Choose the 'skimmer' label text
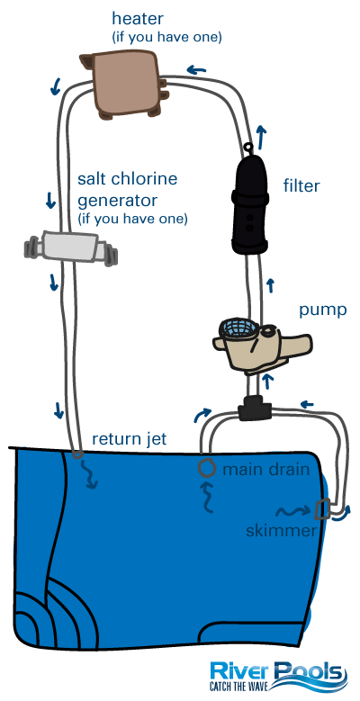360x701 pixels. [x=281, y=531]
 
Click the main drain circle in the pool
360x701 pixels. [x=206, y=468]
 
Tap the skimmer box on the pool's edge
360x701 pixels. [x=323, y=511]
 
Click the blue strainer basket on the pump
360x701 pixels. [x=235, y=328]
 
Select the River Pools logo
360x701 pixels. [x=276, y=673]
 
